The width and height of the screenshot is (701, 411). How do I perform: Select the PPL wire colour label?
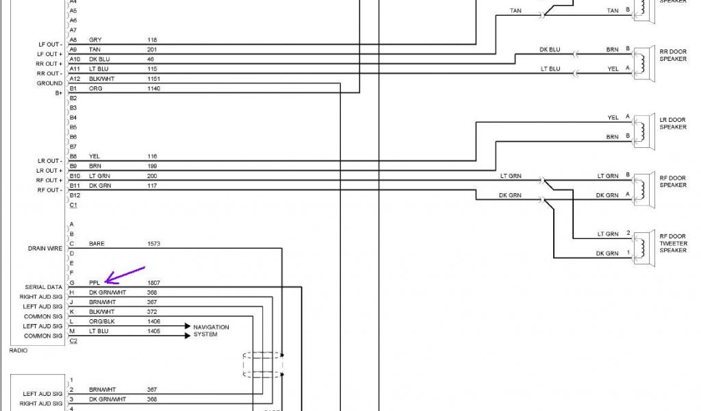pos(94,283)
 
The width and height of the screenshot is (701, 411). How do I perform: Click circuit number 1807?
pos(153,283)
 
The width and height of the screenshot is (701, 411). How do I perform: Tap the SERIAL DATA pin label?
pos(45,287)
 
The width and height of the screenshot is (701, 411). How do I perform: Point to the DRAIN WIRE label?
pos(45,248)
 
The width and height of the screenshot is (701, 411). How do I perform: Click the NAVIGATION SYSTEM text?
pos(211,331)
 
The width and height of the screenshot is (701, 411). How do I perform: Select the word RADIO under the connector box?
pos(18,350)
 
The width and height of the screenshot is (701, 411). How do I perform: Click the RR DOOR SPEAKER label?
pos(673,55)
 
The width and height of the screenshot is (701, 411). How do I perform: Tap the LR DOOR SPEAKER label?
pos(673,123)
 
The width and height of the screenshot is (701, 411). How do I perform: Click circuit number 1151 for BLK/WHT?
pos(153,79)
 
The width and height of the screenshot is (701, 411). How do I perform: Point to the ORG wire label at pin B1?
pos(95,88)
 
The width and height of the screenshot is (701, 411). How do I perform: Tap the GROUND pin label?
pos(50,84)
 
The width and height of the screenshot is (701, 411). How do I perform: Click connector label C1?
pos(73,205)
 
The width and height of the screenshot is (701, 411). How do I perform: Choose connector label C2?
pos(73,340)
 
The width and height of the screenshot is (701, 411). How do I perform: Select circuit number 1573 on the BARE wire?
pos(153,244)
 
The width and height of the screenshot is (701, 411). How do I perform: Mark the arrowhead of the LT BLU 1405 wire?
pos(187,336)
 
